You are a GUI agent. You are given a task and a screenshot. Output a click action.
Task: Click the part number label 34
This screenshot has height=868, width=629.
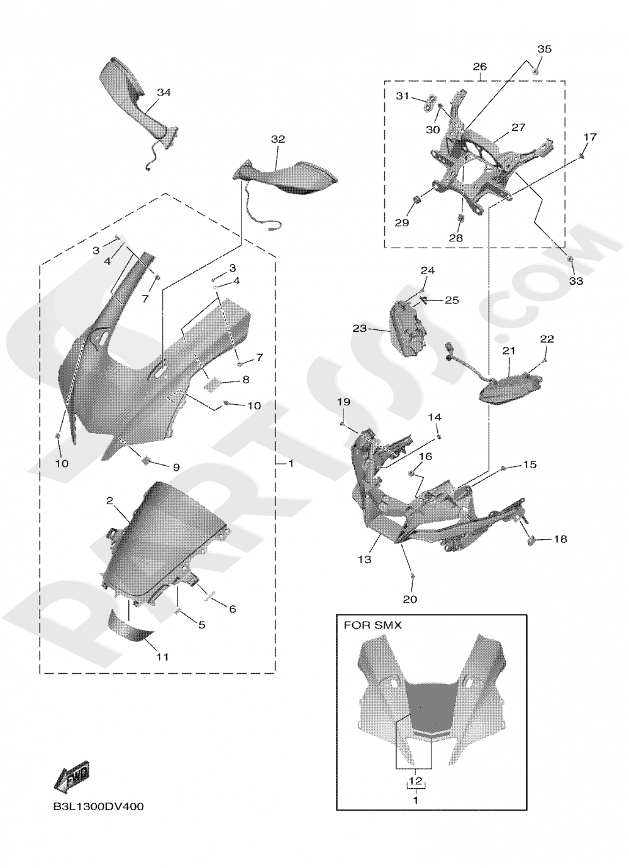point(164,92)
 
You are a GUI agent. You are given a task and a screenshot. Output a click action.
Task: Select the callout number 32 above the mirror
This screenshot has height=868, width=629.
point(278,139)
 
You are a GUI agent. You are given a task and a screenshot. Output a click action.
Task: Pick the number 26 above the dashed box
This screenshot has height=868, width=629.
point(479,67)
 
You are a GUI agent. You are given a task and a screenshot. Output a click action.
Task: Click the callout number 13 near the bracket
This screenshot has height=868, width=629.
point(365,559)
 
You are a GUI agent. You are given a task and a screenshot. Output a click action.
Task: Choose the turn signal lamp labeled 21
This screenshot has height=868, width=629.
point(509,384)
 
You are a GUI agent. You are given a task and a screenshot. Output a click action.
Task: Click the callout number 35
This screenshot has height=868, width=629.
point(544,49)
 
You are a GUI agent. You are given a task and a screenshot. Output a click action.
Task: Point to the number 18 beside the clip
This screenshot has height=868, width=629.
point(560,539)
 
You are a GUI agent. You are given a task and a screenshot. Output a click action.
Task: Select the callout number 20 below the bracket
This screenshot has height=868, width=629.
point(409,599)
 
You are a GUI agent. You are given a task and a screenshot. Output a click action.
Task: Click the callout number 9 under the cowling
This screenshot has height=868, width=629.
point(175,467)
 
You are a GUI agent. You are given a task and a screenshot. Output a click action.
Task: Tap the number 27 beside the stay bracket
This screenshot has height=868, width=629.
point(518,127)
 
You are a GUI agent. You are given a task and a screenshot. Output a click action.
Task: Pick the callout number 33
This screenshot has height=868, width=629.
point(576,281)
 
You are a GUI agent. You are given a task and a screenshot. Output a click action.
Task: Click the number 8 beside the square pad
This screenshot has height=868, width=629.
point(245,380)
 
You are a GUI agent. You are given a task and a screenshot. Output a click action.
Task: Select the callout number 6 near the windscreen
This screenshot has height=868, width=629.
point(232,608)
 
